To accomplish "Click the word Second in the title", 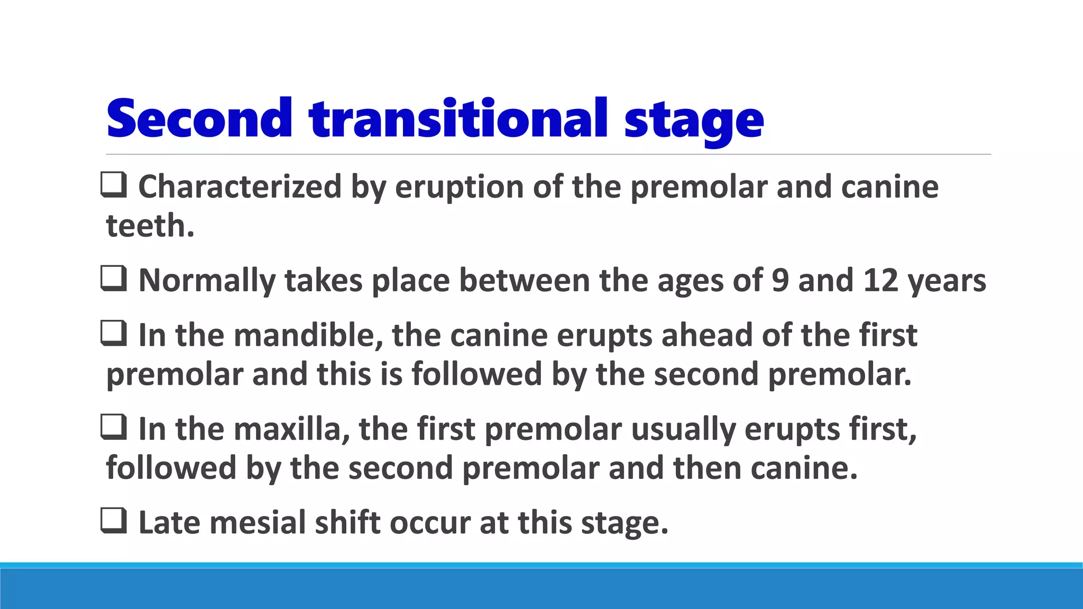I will [199, 118].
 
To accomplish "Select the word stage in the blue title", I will [693, 121].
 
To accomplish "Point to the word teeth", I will [150, 226].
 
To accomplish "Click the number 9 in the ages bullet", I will [780, 280].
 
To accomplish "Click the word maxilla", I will [292, 429].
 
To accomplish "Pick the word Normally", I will [207, 281].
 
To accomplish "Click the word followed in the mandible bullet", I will [476, 374].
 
